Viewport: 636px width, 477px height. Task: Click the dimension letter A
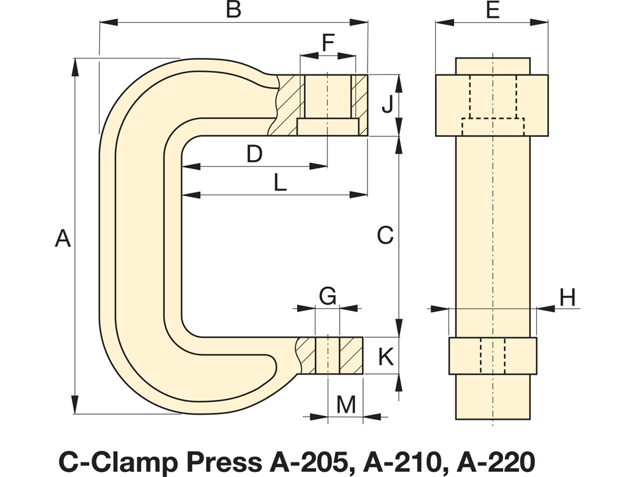62,238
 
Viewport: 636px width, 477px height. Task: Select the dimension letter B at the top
234,10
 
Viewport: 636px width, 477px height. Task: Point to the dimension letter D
254,154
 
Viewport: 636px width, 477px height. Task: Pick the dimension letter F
327,43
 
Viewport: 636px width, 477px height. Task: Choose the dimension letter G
327,296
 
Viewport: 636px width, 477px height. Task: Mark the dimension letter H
568,297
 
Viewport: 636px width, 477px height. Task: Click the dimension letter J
387,105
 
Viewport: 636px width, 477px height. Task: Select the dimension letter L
280,183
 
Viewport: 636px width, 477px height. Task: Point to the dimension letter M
346,404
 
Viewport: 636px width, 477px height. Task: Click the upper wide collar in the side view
491,105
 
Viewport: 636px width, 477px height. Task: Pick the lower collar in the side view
492,356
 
